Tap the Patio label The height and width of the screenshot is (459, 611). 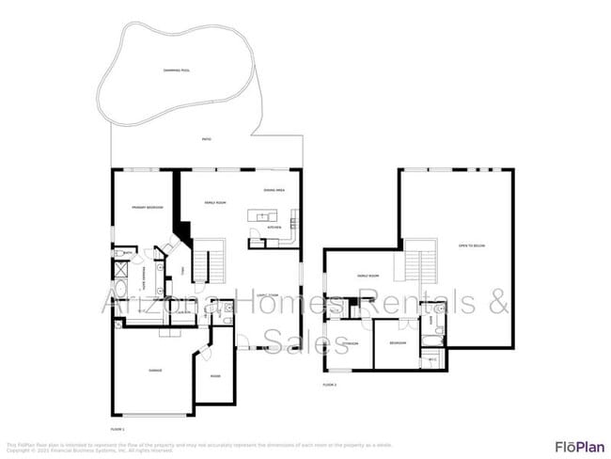[206, 139]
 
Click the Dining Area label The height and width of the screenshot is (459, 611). [274, 190]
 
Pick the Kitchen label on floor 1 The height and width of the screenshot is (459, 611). [275, 228]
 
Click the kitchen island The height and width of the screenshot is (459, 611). [258, 216]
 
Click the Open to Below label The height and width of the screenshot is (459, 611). [471, 245]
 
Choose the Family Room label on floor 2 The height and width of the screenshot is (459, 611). [368, 276]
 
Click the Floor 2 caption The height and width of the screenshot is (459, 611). [329, 385]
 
